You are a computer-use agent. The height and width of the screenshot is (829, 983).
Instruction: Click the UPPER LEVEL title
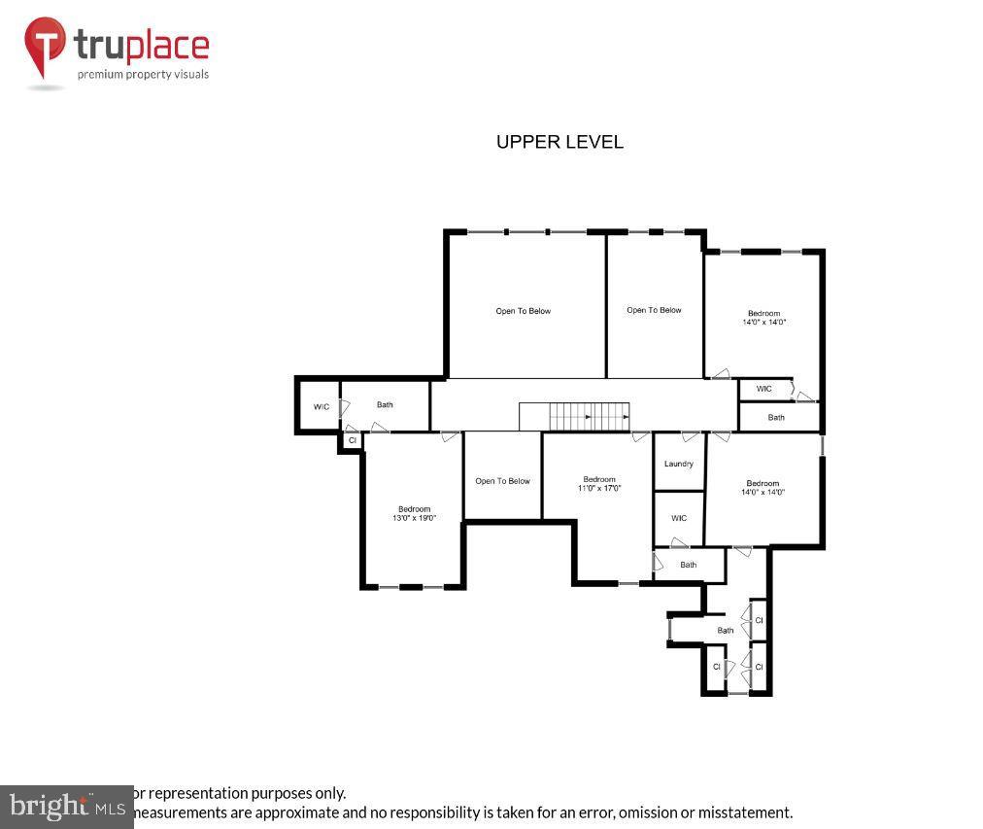click(559, 142)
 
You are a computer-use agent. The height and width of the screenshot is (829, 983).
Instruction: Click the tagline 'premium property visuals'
click(143, 74)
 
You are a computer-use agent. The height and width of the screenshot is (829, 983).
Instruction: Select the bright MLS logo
click(66, 807)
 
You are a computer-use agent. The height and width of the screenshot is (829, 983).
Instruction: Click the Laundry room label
click(679, 464)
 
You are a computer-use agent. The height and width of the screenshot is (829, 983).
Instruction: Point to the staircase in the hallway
click(574, 416)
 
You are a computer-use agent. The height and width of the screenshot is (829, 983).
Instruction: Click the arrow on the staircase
click(588, 417)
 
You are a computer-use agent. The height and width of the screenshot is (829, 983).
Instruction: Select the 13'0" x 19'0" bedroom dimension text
click(414, 519)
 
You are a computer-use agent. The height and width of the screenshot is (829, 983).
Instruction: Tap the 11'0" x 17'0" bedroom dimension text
click(599, 488)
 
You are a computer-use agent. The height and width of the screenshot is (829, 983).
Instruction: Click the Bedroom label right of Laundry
click(763, 483)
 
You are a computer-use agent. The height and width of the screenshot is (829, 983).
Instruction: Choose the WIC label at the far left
click(322, 407)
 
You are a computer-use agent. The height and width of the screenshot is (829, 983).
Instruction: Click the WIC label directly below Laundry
click(679, 518)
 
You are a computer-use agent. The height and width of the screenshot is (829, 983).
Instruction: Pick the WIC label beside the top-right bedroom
click(764, 389)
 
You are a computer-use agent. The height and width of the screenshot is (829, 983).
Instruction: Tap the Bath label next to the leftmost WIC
click(385, 404)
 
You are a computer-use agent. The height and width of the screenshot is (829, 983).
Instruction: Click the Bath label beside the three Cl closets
click(726, 631)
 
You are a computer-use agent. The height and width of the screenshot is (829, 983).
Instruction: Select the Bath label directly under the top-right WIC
click(776, 418)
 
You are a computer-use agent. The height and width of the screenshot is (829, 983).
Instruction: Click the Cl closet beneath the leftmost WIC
click(352, 440)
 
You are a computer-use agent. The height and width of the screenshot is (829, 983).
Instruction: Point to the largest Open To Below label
click(524, 311)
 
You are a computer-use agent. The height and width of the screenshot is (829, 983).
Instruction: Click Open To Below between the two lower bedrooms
click(502, 481)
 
